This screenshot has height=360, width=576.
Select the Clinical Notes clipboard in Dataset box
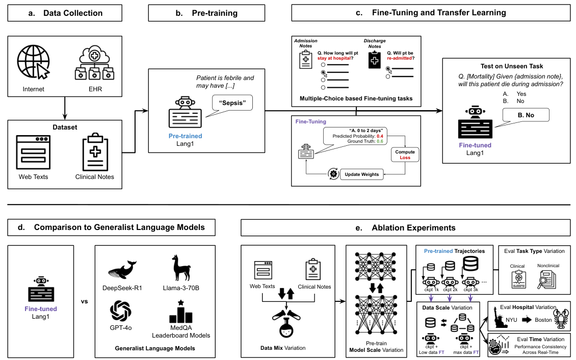(97, 152)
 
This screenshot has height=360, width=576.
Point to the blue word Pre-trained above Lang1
(185, 136)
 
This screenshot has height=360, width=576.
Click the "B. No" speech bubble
(526, 115)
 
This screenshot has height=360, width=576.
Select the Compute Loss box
(405, 155)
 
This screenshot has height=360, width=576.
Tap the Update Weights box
(362, 174)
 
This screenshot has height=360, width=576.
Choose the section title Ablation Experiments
(405, 228)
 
